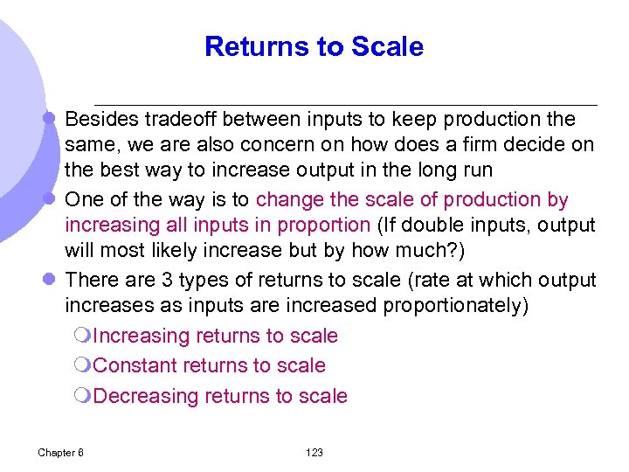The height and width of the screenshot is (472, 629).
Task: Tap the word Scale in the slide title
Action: coord(390,46)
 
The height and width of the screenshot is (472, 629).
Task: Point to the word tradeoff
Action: coord(181,119)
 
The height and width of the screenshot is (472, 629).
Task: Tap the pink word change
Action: coord(294,199)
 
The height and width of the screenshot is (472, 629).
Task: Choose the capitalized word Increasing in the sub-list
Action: coord(141,336)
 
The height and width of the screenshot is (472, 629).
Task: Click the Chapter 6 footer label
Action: coord(61,452)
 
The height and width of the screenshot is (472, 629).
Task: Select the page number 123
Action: coord(314,452)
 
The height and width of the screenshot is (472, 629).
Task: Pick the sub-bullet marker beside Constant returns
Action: coord(83,366)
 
